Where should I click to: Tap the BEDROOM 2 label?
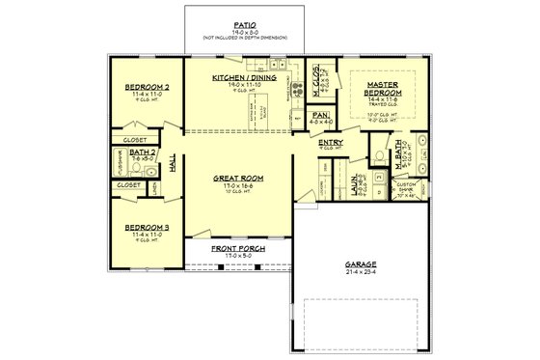tap(147, 86)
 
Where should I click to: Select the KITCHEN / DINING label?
tap(237, 79)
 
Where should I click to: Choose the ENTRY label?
tap(330, 142)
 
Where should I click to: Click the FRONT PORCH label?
tap(237, 248)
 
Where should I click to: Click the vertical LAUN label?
tap(356, 180)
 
